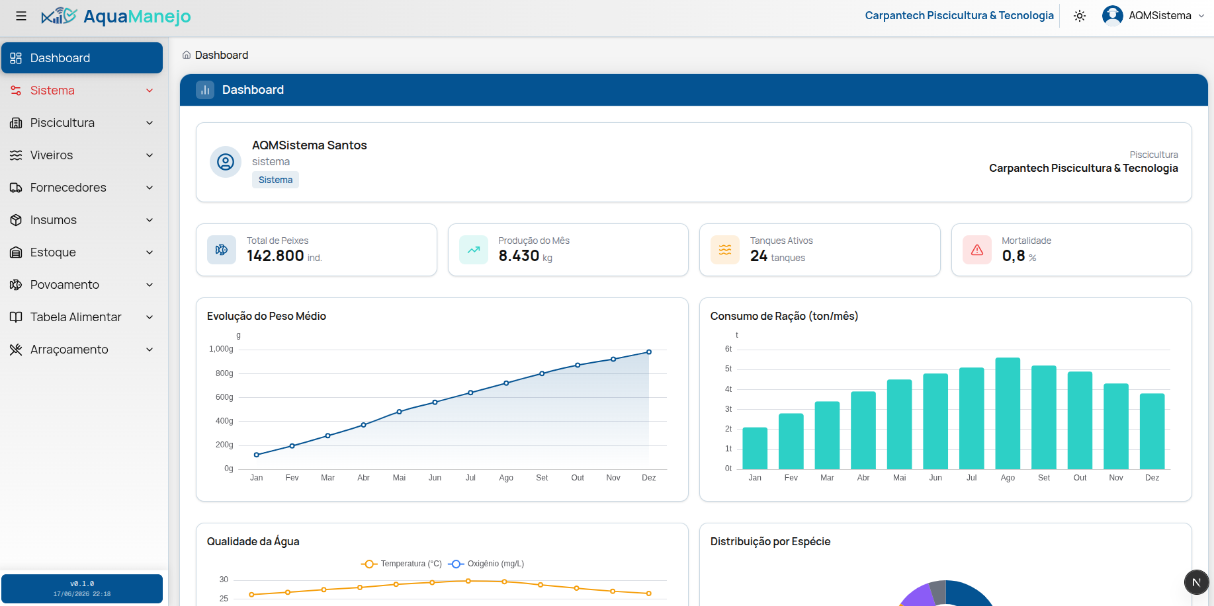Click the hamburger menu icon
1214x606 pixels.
click(21, 16)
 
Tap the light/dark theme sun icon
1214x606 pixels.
click(1080, 16)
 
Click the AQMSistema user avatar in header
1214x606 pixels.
click(1113, 15)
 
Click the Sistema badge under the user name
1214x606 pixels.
click(275, 180)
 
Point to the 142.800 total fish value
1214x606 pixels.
click(275, 256)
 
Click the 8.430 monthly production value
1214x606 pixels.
click(519, 256)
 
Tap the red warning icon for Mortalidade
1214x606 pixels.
click(977, 250)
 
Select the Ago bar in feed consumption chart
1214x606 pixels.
click(1008, 413)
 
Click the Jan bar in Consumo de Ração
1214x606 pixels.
click(755, 448)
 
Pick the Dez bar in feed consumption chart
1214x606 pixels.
click(1152, 431)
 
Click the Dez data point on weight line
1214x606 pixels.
click(649, 352)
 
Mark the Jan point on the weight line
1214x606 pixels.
click(257, 455)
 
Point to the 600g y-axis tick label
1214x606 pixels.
click(224, 397)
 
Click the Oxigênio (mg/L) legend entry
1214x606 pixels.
click(486, 564)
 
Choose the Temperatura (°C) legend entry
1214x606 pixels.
click(402, 564)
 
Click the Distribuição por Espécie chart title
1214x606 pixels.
click(770, 541)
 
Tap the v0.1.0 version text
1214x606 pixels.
click(82, 584)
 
